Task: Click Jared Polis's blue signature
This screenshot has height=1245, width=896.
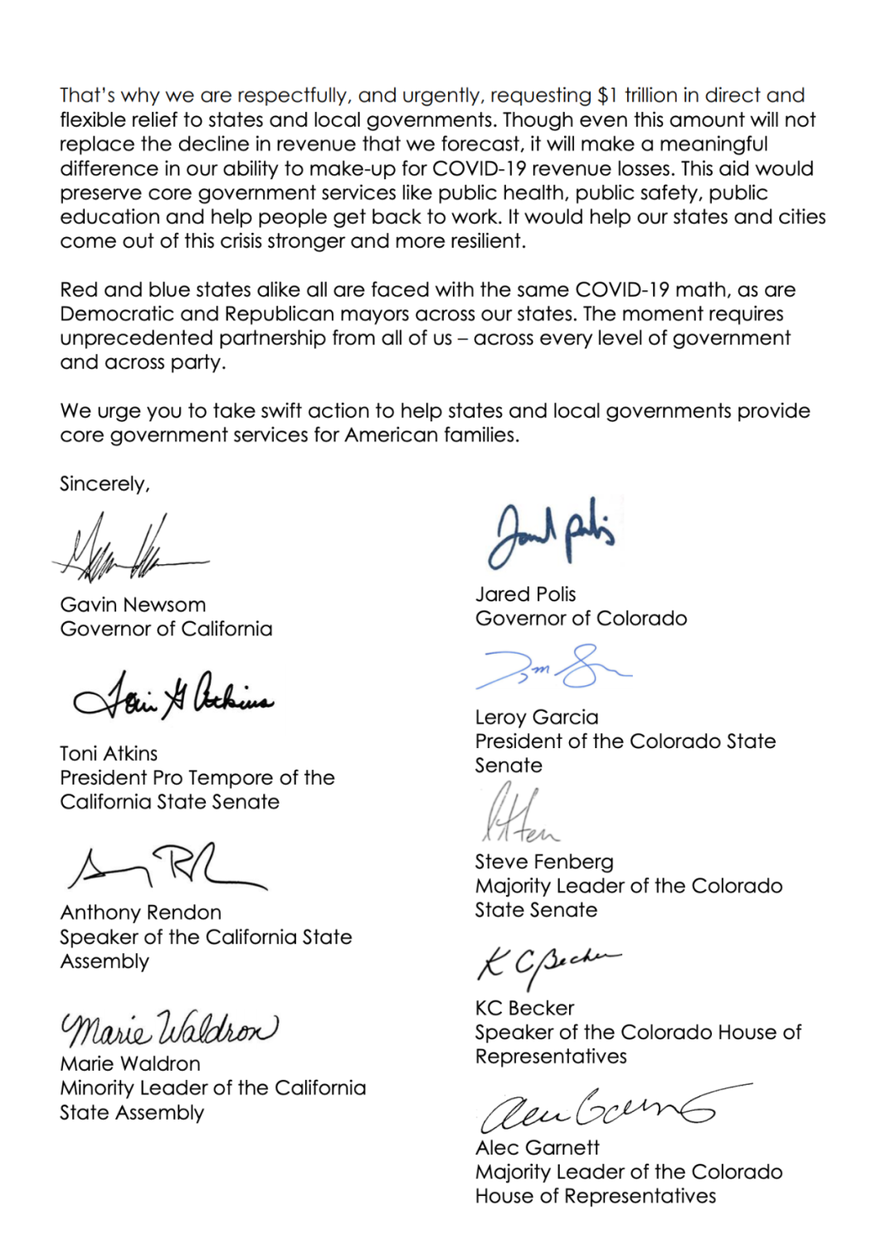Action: click(x=552, y=536)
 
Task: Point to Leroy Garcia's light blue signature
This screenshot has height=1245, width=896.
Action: click(x=552, y=668)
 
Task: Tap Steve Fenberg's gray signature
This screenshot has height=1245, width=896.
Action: click(x=519, y=817)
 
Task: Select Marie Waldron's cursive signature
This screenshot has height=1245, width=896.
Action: click(x=169, y=1029)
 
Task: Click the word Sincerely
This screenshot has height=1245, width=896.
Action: click(x=105, y=484)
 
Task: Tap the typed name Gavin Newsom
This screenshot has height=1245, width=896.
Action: click(x=133, y=605)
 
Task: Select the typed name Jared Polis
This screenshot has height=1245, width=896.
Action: click(x=525, y=594)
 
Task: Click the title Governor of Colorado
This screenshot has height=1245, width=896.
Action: click(x=581, y=618)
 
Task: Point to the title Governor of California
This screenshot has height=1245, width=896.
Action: click(x=166, y=629)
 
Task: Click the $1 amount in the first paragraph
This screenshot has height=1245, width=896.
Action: click(x=607, y=95)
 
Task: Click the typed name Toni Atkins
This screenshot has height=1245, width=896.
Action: click(x=109, y=753)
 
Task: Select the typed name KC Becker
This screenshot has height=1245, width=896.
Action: click(x=524, y=1008)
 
